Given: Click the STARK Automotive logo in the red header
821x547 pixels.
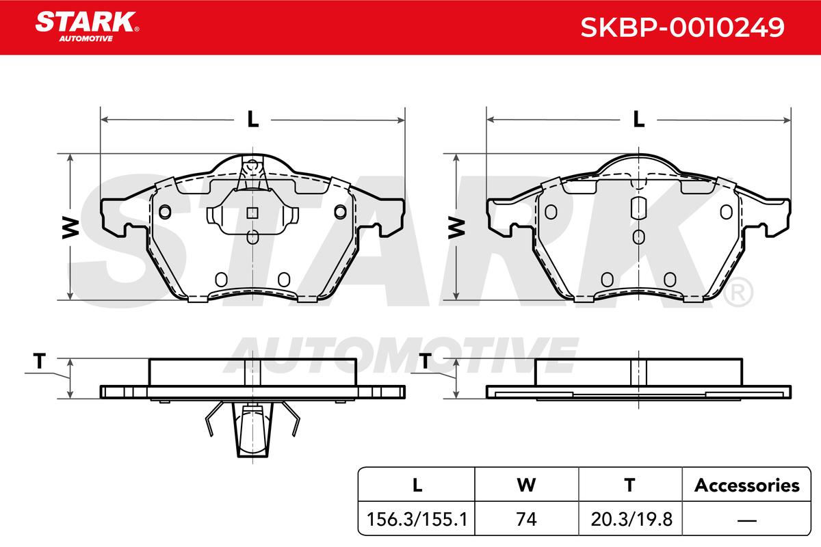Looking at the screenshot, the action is [87, 27].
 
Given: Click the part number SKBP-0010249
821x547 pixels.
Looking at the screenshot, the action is [682, 27].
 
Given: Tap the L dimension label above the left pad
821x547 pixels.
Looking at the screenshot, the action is [252, 119].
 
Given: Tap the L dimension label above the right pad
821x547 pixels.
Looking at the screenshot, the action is [639, 119].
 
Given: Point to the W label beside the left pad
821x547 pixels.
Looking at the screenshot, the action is [70, 228].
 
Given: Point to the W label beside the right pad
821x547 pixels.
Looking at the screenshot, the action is [456, 228].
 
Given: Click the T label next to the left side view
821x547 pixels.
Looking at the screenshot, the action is [39, 360].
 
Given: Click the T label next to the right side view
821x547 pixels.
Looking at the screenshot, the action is [425, 360].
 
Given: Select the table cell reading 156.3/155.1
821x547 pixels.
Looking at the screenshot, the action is [417, 519].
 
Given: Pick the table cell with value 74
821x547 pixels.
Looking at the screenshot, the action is [526, 519].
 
